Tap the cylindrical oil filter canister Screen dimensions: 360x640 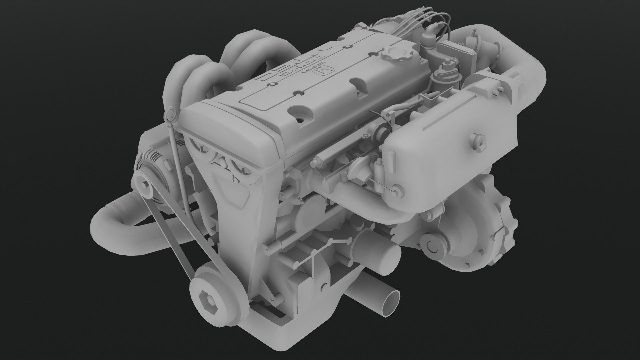coord(380,253)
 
